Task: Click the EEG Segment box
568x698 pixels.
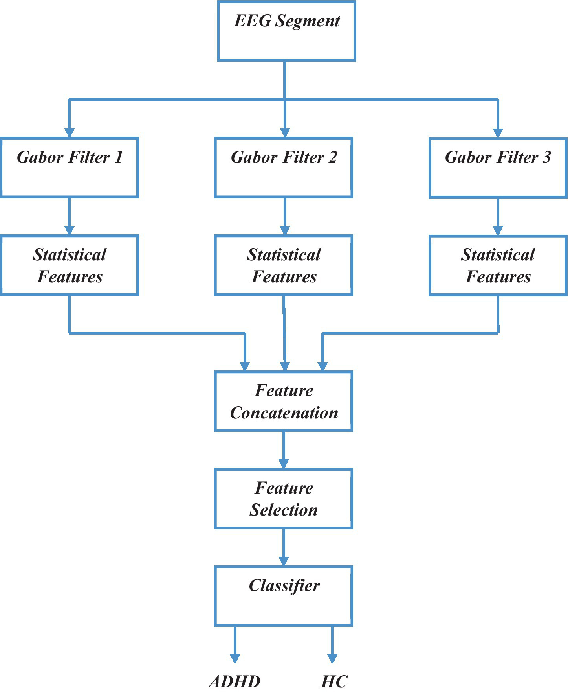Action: point(286,31)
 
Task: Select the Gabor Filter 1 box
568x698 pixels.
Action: point(70,168)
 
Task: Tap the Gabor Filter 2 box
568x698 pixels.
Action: point(283,168)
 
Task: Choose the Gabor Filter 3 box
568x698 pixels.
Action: point(498,168)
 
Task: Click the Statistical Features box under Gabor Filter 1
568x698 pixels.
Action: point(70,265)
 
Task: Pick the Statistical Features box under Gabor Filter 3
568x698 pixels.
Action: point(498,265)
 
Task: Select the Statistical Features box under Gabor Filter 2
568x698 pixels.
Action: point(283,265)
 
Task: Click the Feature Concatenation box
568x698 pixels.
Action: point(283,401)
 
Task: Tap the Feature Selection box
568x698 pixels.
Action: point(283,498)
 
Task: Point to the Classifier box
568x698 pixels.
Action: point(283,596)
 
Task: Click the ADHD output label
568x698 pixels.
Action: point(235,681)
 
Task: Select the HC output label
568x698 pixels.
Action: point(334,681)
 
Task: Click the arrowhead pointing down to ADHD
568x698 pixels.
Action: point(235,658)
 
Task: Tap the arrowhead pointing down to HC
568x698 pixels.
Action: point(332,658)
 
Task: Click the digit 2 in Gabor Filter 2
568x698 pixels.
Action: point(333,157)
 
